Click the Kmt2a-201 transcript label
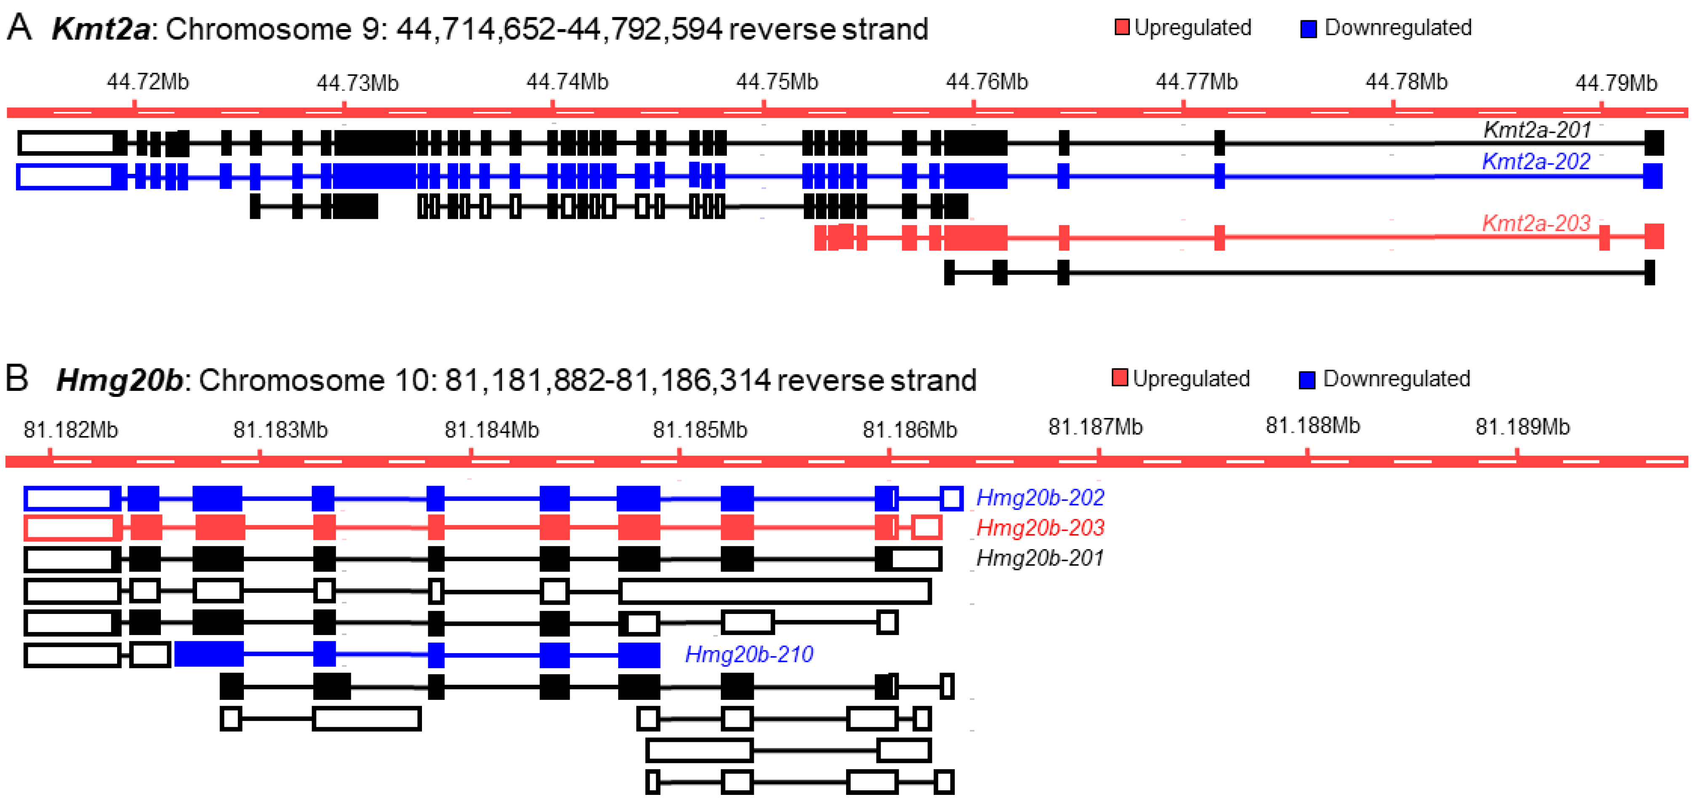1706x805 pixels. coord(1536,130)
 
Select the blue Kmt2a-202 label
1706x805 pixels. coord(1535,162)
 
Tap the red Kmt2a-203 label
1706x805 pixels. coord(1535,223)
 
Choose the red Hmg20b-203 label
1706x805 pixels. coord(1040,528)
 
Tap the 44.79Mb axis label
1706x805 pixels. coord(1615,83)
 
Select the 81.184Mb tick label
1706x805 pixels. coord(491,430)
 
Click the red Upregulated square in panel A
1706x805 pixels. coord(1121,28)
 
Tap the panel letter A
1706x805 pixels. coord(19,28)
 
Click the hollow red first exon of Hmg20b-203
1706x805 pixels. coord(69,528)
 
